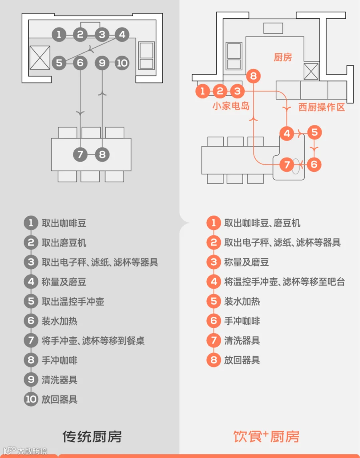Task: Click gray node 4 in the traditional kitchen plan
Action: click(122, 34)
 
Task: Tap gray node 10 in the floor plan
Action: click(122, 63)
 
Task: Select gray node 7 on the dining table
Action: click(80, 154)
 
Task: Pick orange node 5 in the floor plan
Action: click(314, 132)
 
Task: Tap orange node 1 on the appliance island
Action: click(202, 91)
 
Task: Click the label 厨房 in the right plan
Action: click(283, 57)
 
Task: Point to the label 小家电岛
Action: click(231, 106)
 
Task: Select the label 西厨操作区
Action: click(321, 107)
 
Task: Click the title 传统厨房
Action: click(92, 436)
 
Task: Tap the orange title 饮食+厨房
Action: click(266, 436)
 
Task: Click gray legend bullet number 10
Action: click(31, 399)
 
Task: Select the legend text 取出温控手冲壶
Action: click(73, 301)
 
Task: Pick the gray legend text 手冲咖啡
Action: click(59, 360)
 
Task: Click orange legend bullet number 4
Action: click(214, 282)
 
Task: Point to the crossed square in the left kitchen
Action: click(40, 58)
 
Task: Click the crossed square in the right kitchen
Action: click(311, 72)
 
